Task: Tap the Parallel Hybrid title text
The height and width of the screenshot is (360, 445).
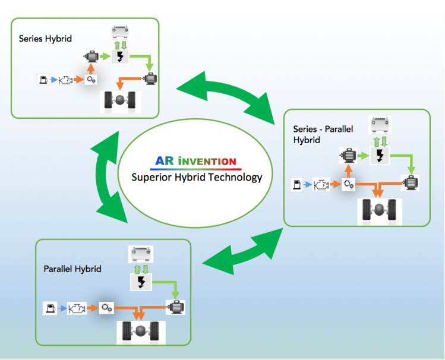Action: [x=72, y=269]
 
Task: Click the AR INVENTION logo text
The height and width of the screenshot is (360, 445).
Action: [x=195, y=161]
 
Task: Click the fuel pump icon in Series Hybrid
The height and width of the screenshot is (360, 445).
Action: [x=43, y=79]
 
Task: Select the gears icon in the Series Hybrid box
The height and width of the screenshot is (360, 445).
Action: [x=91, y=79]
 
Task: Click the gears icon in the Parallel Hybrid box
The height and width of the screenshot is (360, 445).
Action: [x=106, y=308]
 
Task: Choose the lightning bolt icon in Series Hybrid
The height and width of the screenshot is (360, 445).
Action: [x=120, y=57]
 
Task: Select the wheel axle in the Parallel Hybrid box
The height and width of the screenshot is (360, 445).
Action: [x=141, y=331]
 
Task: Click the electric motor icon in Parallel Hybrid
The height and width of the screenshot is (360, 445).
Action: [x=175, y=307]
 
